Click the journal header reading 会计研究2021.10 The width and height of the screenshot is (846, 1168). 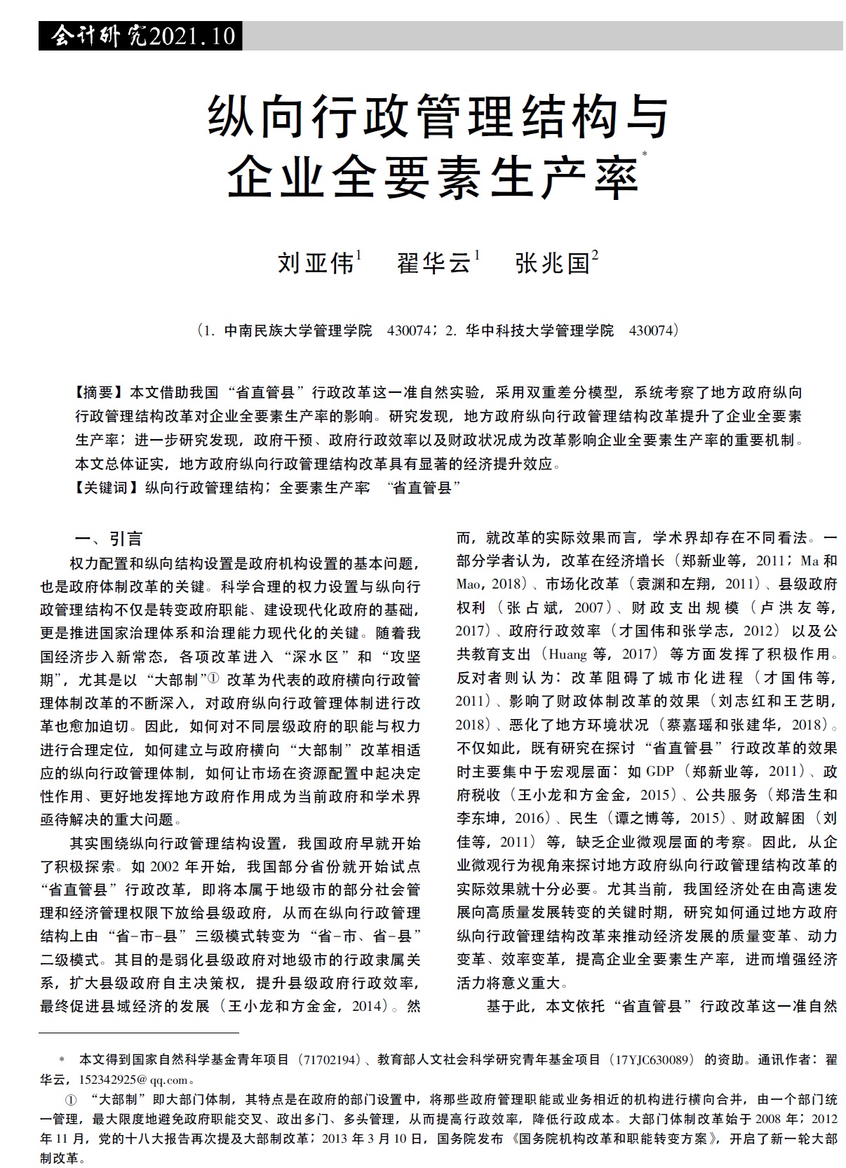[140, 36]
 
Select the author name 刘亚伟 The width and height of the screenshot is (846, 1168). [316, 263]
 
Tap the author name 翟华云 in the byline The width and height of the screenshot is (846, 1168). [434, 263]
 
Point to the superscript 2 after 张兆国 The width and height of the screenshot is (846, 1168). [596, 255]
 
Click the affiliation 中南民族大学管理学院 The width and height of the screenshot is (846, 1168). [298, 330]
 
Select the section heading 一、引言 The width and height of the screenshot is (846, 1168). [109, 539]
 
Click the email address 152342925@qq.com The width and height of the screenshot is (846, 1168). [134, 1080]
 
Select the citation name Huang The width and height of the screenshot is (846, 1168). [568, 655]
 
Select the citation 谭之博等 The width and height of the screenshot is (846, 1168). [640, 819]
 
